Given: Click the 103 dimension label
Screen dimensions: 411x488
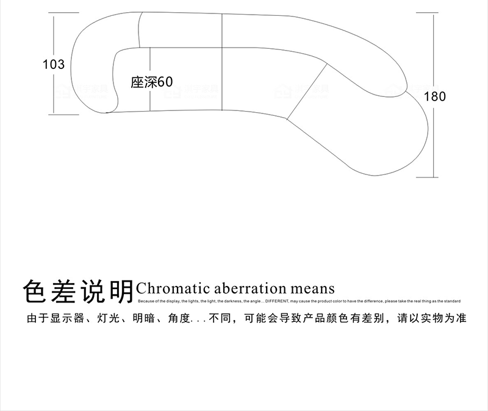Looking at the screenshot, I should (54, 64).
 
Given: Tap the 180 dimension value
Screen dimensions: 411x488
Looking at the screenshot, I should (435, 96).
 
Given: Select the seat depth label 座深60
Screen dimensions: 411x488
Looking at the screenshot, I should (152, 82).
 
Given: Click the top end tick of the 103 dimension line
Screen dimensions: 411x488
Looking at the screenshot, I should (54, 16).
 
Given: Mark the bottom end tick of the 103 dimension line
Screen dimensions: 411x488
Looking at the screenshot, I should (54, 113).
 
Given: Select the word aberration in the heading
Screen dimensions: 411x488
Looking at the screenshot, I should (245, 288).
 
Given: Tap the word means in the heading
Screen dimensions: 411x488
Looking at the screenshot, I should (312, 288).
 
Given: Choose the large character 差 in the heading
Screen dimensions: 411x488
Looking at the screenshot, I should (63, 291).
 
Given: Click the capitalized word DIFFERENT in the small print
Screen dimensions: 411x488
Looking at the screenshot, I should (276, 301).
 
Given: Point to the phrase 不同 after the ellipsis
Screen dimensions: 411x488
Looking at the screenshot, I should (220, 319).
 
